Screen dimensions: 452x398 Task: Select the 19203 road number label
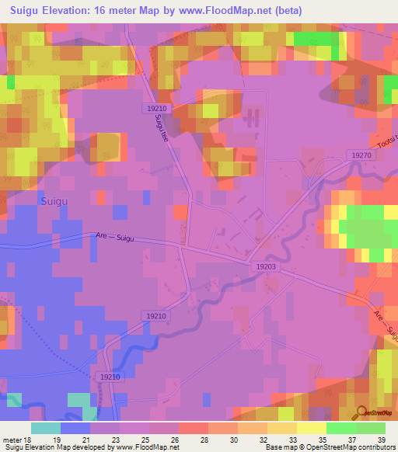(265, 266)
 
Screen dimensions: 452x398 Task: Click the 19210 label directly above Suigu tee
(156, 107)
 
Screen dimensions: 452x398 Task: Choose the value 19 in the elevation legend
(57, 440)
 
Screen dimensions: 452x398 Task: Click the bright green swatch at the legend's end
(371, 428)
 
